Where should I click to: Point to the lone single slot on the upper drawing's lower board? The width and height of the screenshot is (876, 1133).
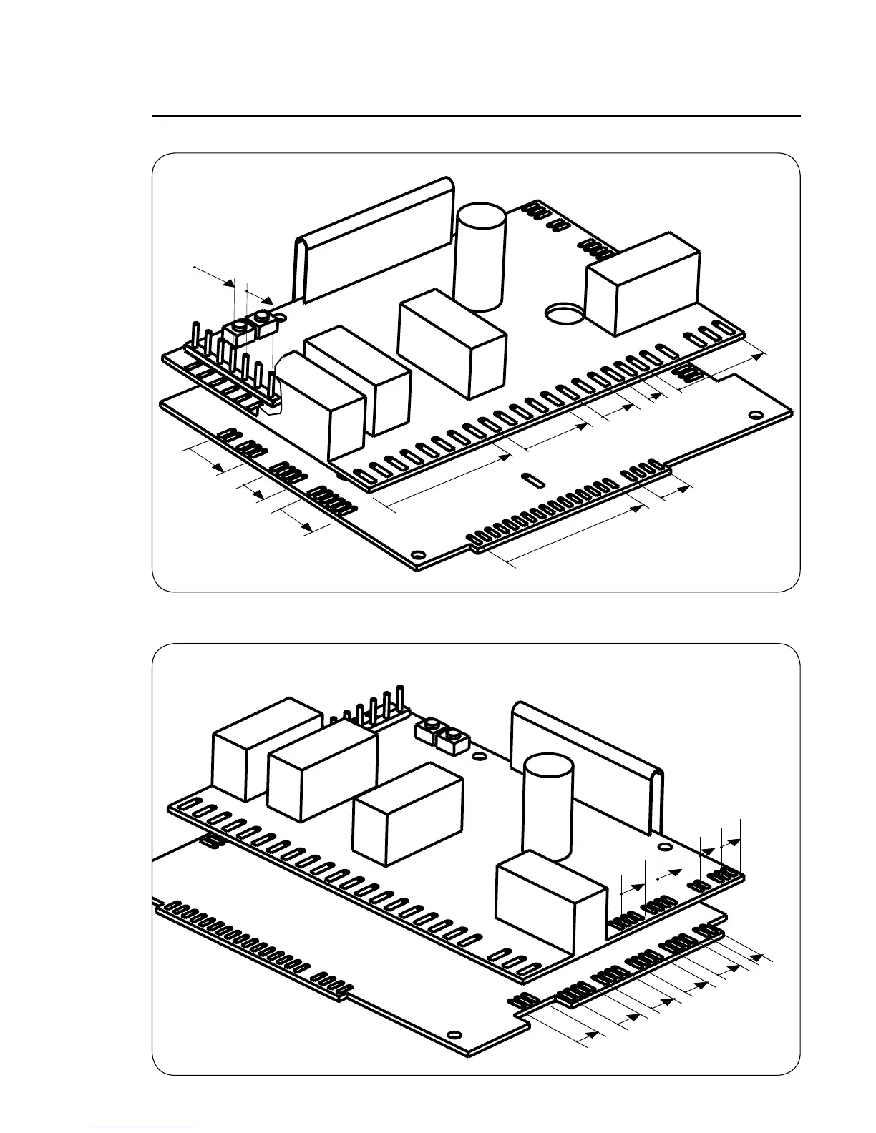[530, 479]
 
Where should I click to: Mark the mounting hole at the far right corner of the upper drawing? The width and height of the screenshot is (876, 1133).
[754, 413]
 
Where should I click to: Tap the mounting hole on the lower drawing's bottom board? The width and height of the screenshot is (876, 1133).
[453, 1034]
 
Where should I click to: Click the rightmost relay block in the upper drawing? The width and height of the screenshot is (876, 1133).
[641, 283]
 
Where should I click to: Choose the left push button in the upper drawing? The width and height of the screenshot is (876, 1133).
[237, 330]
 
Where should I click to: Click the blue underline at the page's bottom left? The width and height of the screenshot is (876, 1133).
[142, 1127]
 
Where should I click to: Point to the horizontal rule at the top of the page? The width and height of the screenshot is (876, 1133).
[476, 116]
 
